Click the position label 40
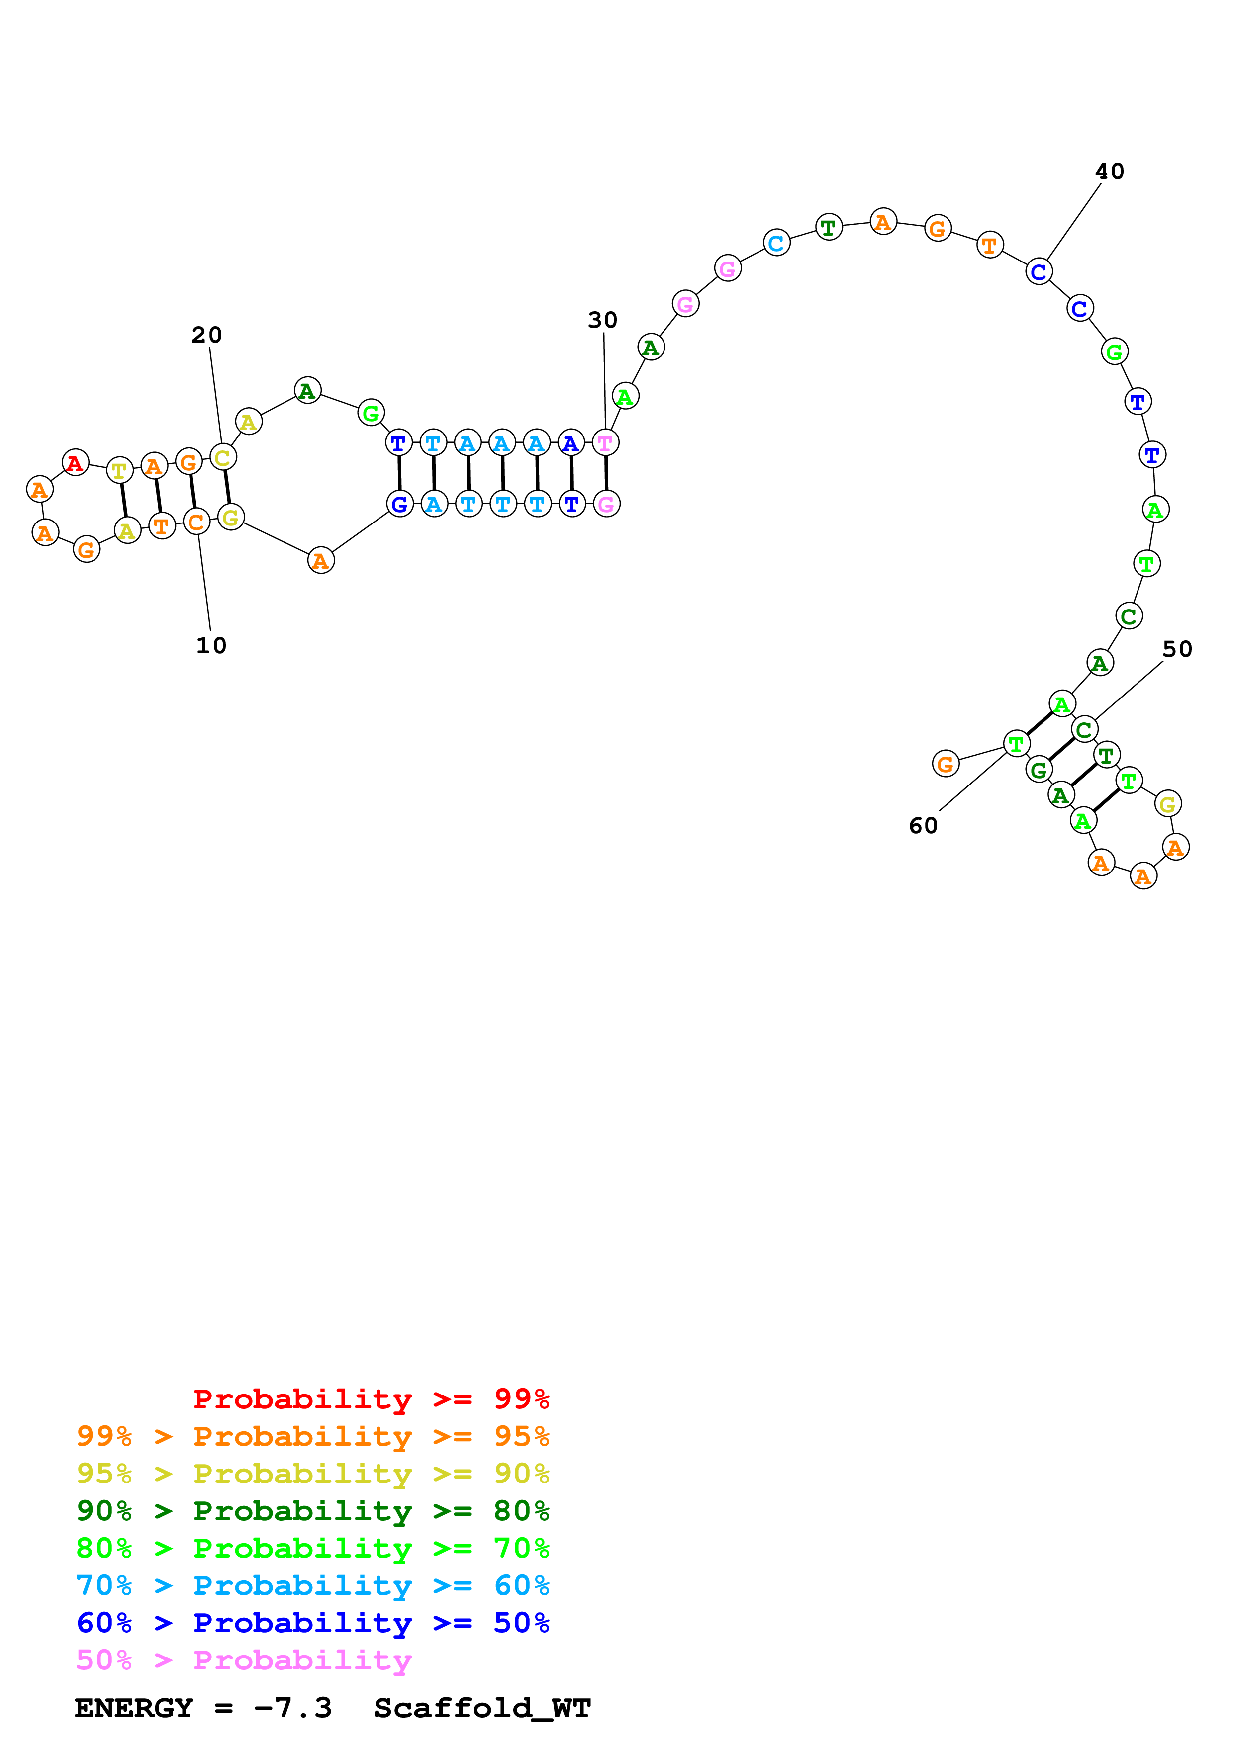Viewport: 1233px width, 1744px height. pos(1109,172)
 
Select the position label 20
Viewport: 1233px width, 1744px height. pos(206,335)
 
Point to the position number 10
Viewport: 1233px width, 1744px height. pos(211,646)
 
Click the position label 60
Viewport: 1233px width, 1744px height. pos(923,826)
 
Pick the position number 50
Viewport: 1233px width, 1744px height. pos(1177,649)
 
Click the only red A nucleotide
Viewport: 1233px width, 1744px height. pos(75,462)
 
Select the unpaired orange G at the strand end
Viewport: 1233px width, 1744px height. pos(945,764)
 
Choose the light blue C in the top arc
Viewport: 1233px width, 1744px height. pos(775,243)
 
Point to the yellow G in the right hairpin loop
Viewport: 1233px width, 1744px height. pos(1168,803)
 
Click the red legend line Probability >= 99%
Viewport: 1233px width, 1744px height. pos(371,1399)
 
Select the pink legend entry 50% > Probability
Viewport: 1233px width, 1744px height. pos(244,1660)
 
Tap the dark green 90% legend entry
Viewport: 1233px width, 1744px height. pos(312,1511)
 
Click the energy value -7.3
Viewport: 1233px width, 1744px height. pos(292,1708)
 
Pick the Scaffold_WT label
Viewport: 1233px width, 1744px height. pos(481,1708)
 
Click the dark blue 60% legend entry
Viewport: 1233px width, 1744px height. pos(312,1623)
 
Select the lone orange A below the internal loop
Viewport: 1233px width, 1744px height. pos(321,561)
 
